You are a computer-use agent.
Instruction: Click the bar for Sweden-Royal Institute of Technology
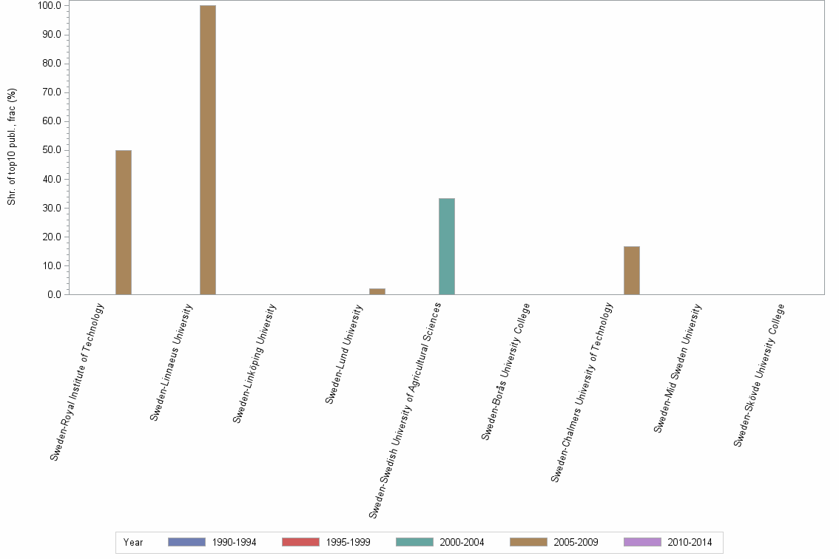(x=124, y=222)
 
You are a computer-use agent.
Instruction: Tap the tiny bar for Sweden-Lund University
(x=377, y=291)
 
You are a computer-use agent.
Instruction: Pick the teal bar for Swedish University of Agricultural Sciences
(x=447, y=246)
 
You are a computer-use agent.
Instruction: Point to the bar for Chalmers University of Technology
(x=632, y=270)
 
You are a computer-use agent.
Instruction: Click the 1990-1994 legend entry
(x=212, y=542)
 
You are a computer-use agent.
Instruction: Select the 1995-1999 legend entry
(x=326, y=542)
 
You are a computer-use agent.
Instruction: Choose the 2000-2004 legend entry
(x=440, y=542)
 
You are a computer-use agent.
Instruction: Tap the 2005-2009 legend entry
(x=554, y=542)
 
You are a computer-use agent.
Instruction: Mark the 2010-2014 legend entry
(x=668, y=542)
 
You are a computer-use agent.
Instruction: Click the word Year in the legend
(x=134, y=542)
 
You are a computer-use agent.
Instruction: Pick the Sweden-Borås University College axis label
(x=506, y=371)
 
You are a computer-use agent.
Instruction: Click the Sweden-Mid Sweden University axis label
(x=678, y=367)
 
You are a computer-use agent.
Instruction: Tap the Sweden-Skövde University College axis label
(x=759, y=375)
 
